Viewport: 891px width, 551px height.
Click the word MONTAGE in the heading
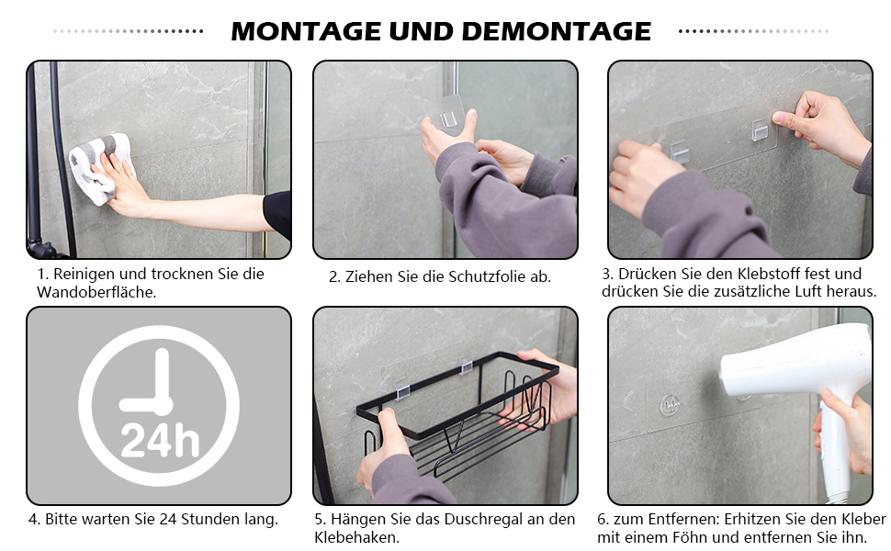[x=306, y=31]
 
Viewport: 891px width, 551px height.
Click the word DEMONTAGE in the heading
[x=557, y=31]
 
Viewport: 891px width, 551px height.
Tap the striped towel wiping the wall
[x=100, y=168]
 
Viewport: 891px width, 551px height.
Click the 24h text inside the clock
[x=160, y=441]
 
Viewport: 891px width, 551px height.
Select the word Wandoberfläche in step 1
[x=96, y=293]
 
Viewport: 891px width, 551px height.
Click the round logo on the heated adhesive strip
[x=670, y=404]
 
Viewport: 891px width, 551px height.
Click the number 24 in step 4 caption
[x=168, y=519]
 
